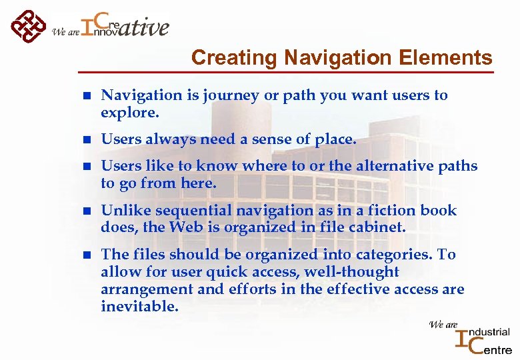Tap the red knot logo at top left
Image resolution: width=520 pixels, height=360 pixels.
(x=29, y=27)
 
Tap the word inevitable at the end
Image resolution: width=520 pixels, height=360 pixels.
(x=139, y=307)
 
